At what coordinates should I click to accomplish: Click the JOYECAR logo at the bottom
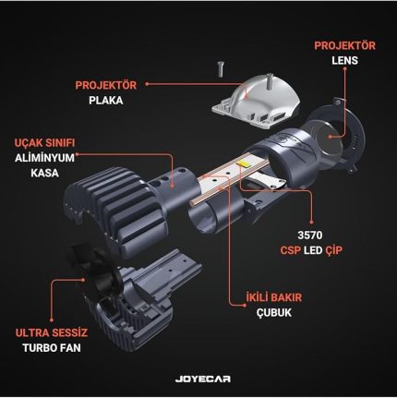(x=203, y=379)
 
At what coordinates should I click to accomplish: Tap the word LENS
(x=344, y=60)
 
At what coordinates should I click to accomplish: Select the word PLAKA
(x=106, y=101)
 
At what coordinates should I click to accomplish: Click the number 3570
(x=310, y=235)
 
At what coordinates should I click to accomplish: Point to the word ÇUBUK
(x=274, y=312)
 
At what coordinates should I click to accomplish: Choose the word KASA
(x=44, y=173)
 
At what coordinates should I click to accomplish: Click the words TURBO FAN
(x=52, y=348)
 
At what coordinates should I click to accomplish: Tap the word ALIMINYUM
(x=44, y=158)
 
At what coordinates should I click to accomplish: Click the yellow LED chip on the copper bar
(x=242, y=163)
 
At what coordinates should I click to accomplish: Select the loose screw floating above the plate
(x=221, y=69)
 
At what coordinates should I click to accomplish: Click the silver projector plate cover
(x=257, y=102)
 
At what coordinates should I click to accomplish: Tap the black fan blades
(x=94, y=271)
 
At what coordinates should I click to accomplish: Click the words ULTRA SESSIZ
(x=52, y=332)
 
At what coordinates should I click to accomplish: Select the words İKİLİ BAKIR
(x=274, y=297)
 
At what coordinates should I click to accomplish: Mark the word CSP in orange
(x=291, y=250)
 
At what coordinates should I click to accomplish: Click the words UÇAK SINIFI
(x=44, y=142)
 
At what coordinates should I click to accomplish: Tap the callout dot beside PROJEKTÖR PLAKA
(x=147, y=83)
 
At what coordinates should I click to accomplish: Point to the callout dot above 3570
(x=311, y=222)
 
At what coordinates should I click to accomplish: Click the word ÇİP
(x=333, y=250)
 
